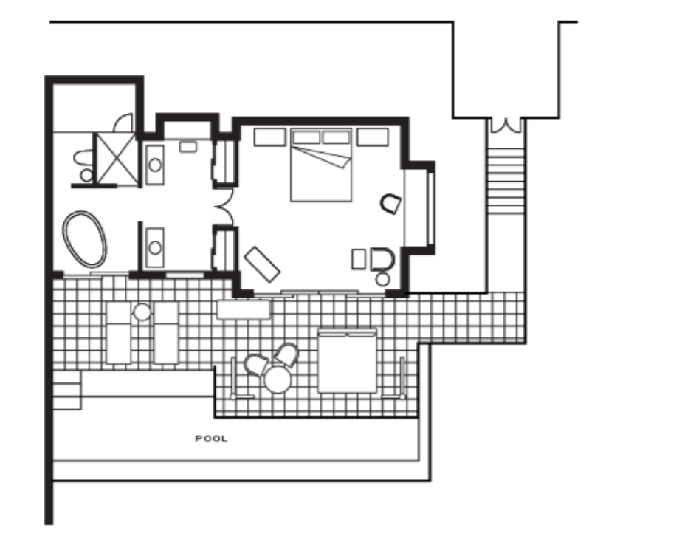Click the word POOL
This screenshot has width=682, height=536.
[211, 439]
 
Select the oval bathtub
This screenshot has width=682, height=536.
[85, 239]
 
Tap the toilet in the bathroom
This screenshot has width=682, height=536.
[84, 165]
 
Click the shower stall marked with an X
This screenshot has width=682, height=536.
[116, 159]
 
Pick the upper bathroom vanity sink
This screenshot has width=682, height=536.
[155, 165]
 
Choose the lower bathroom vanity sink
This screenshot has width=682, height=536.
[155, 247]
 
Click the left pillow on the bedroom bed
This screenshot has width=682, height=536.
[306, 137]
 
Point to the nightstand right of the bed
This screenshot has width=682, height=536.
[372, 137]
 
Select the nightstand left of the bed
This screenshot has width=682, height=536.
[269, 137]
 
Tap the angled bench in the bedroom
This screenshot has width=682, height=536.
[262, 264]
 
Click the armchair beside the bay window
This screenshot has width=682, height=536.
[390, 204]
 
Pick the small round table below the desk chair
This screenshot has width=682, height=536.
[382, 279]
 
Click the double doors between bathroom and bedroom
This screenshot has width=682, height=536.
[224, 207]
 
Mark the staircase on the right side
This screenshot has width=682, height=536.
[506, 181]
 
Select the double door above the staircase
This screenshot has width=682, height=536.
[506, 126]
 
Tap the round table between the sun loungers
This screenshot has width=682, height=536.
[142, 312]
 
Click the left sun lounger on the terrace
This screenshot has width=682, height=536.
[119, 333]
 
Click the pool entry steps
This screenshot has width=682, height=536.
[66, 390]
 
